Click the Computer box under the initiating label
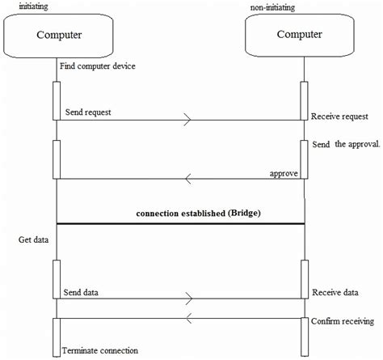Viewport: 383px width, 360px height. [x=61, y=35]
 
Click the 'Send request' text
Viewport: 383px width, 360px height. [x=88, y=112]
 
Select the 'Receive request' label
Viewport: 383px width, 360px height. [x=343, y=116]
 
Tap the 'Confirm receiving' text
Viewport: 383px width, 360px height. [x=343, y=322]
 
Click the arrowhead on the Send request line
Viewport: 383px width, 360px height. [x=188, y=121]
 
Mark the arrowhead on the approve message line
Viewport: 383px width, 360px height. [x=189, y=179]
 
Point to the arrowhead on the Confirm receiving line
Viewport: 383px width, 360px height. [x=189, y=316]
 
